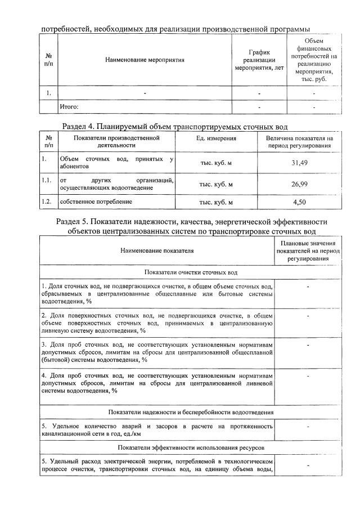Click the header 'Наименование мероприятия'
145,60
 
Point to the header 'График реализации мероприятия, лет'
259,60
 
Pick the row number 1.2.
47,201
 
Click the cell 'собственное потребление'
96,201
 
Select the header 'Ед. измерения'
216,138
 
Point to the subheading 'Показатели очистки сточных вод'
191,272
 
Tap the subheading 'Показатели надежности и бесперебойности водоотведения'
191,413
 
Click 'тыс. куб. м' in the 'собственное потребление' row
216,201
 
